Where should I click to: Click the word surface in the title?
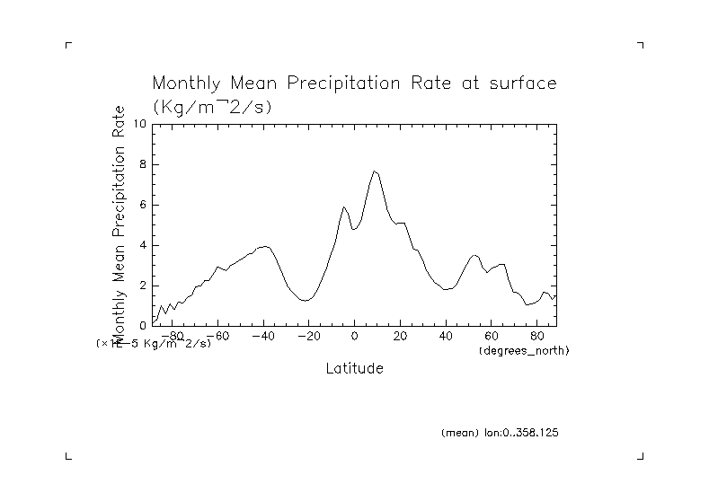pyautogui.click(x=524, y=84)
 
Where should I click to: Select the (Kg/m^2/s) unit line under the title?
pyautogui.click(x=213, y=106)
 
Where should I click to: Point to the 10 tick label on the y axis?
pyautogui.click(x=140, y=124)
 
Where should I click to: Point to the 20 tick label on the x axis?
pyautogui.click(x=400, y=337)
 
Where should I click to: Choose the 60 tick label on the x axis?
pyautogui.click(x=491, y=337)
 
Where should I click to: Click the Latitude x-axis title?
pyautogui.click(x=354, y=369)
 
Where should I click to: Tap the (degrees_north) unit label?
pyautogui.click(x=524, y=349)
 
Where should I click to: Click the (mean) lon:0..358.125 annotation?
pyautogui.click(x=500, y=433)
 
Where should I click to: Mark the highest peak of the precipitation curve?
pyautogui.click(x=374, y=171)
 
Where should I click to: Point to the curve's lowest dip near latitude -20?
pyautogui.click(x=306, y=300)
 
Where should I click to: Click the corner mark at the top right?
pyautogui.click(x=641, y=44)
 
